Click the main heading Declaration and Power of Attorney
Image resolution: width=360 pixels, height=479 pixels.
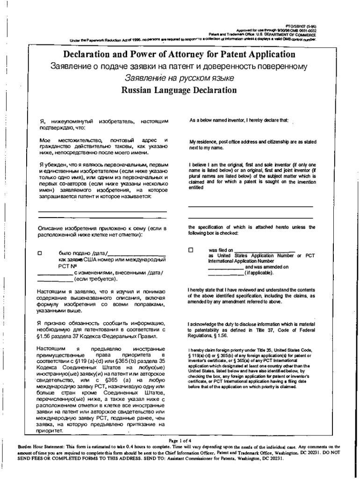pyautogui.click(x=179, y=54)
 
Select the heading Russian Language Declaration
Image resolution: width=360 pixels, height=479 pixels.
pyautogui.click(x=179, y=90)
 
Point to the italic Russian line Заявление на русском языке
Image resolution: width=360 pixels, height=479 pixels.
pyautogui.click(x=179, y=78)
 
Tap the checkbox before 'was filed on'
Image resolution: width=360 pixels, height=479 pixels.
pyautogui.click(x=191, y=250)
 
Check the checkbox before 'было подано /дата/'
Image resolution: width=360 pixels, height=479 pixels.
pyautogui.click(x=40, y=253)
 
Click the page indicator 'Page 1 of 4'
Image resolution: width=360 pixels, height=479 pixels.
pyautogui.click(x=180, y=441)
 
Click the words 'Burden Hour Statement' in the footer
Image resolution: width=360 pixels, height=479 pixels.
pyautogui.click(x=39, y=447)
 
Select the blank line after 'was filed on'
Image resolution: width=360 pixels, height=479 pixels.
pyautogui.click(x=264, y=251)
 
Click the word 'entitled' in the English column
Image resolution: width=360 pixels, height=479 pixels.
pyautogui.click(x=196, y=188)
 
